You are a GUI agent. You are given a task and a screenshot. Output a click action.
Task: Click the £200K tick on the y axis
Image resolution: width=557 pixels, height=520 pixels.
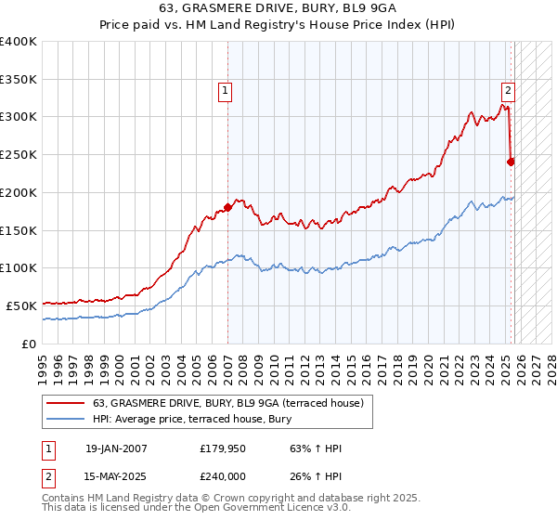(x=19, y=192)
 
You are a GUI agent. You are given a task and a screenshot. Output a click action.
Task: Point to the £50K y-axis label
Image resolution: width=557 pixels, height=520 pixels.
(x=22, y=305)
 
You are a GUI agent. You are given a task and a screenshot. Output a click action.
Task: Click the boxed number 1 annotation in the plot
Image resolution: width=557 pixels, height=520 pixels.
(x=226, y=91)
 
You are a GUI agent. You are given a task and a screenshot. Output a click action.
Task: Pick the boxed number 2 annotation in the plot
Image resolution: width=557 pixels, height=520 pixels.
(x=508, y=91)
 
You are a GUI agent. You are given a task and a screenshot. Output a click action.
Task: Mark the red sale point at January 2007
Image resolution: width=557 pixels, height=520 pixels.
(x=227, y=208)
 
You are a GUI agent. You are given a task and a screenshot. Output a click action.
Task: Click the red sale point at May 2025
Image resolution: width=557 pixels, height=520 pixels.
(x=511, y=162)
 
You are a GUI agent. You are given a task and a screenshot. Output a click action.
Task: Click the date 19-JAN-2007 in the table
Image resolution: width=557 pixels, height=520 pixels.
(x=116, y=448)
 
